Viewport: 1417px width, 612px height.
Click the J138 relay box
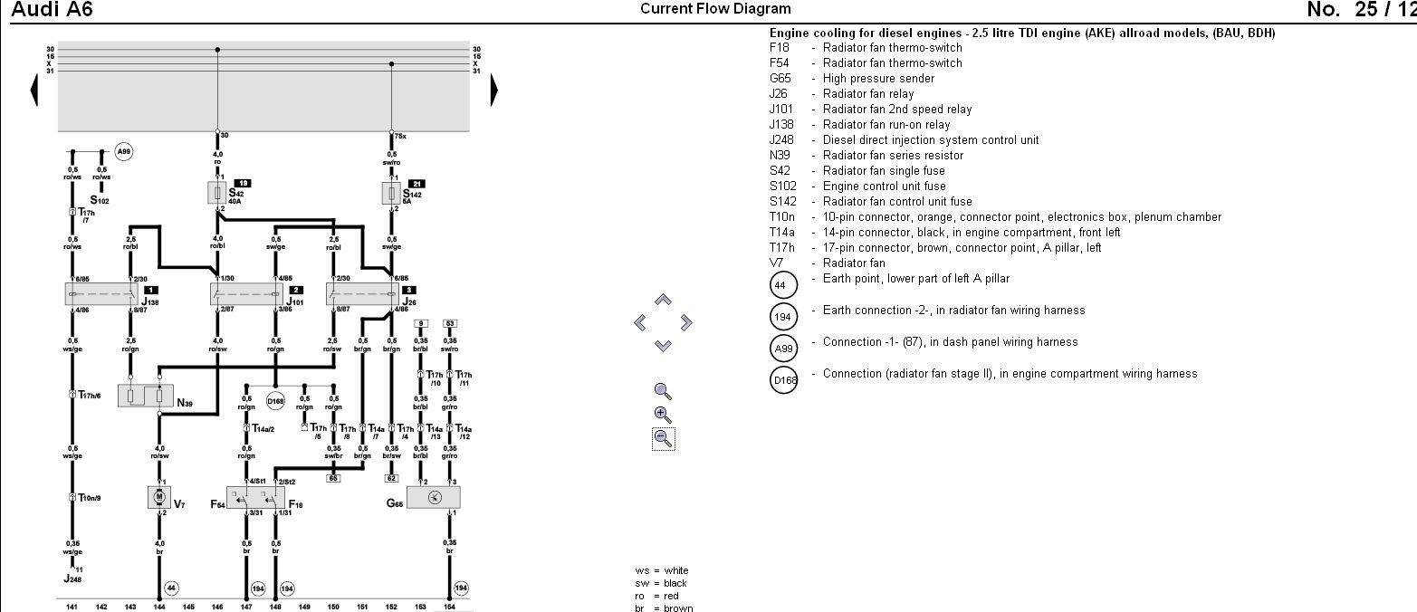pyautogui.click(x=99, y=293)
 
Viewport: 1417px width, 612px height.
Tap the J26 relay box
pyautogui.click(x=362, y=293)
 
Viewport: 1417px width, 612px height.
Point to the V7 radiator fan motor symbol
pyautogui.click(x=159, y=497)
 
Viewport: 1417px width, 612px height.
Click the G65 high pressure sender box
pyautogui.click(x=434, y=497)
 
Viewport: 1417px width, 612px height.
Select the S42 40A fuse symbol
pyautogui.click(x=217, y=193)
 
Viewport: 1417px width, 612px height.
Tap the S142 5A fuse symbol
pyautogui.click(x=391, y=193)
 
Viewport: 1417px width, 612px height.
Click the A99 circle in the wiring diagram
pyautogui.click(x=124, y=154)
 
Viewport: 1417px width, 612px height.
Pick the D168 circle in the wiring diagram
pyautogui.click(x=275, y=399)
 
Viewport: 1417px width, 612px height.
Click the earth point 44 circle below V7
pyautogui.click(x=171, y=588)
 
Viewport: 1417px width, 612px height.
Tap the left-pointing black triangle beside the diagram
pyautogui.click(x=34, y=90)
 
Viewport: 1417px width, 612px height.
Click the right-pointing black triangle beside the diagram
pyautogui.click(x=494, y=90)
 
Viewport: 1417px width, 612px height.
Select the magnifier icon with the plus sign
pyautogui.click(x=663, y=415)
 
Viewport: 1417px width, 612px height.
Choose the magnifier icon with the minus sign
pyautogui.click(x=663, y=439)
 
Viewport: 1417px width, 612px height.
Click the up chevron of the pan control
pyautogui.click(x=663, y=300)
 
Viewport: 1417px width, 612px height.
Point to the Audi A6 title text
pyautogui.click(x=52, y=10)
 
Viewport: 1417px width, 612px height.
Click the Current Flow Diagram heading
pyautogui.click(x=715, y=9)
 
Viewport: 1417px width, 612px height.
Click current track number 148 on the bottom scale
pyautogui.click(x=275, y=607)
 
